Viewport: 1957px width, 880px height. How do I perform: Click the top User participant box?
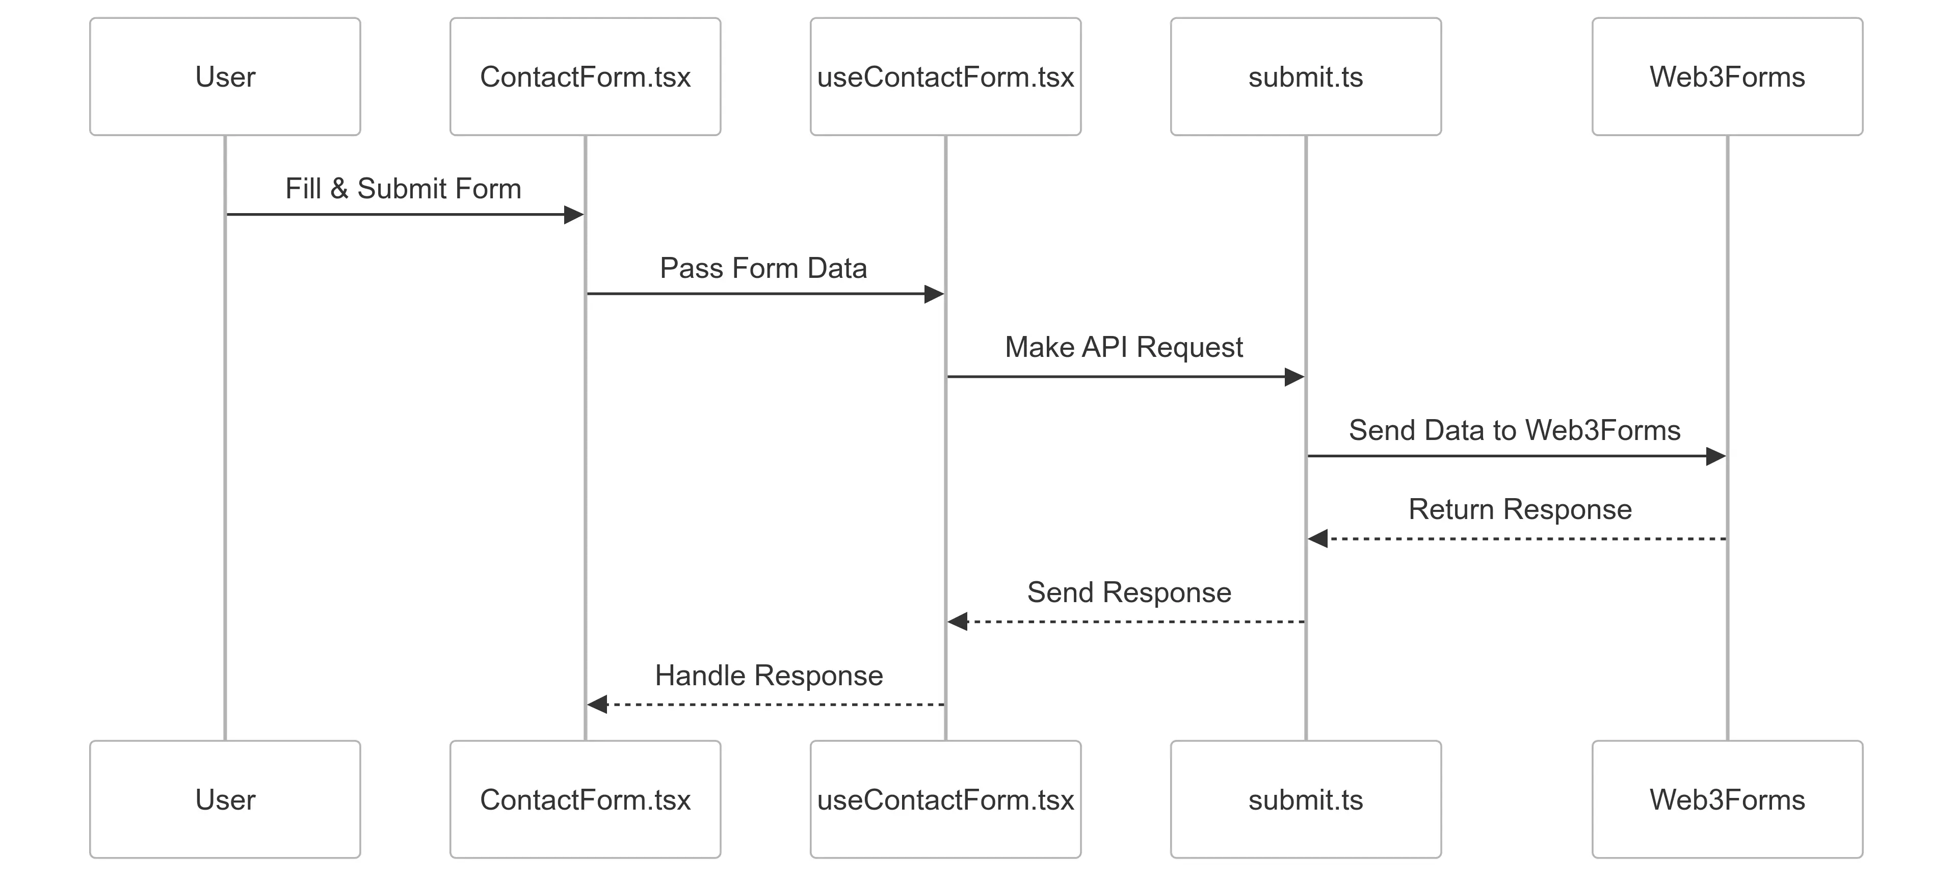point(225,77)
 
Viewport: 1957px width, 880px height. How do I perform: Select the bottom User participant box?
point(225,799)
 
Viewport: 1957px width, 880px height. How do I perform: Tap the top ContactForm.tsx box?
point(585,77)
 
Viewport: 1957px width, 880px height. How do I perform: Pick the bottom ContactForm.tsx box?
point(585,799)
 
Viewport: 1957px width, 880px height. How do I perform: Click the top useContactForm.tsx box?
point(945,77)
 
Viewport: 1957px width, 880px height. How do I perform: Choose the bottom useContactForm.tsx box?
point(945,799)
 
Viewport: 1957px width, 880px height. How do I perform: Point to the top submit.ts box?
point(1305,77)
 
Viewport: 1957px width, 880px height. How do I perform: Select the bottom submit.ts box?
point(1305,799)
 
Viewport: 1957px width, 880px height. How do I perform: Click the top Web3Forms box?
point(1727,77)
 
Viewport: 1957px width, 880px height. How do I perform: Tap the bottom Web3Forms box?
point(1727,799)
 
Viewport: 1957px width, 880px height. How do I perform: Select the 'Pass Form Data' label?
point(763,268)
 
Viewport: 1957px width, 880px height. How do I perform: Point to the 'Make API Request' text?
point(1124,347)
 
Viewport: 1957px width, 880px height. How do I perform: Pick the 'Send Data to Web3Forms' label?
point(1514,430)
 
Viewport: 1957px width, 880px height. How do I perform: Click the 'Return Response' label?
point(1519,509)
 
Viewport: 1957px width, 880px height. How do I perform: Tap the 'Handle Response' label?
point(769,676)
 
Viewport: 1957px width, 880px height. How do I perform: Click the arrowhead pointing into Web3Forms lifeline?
point(1715,456)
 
